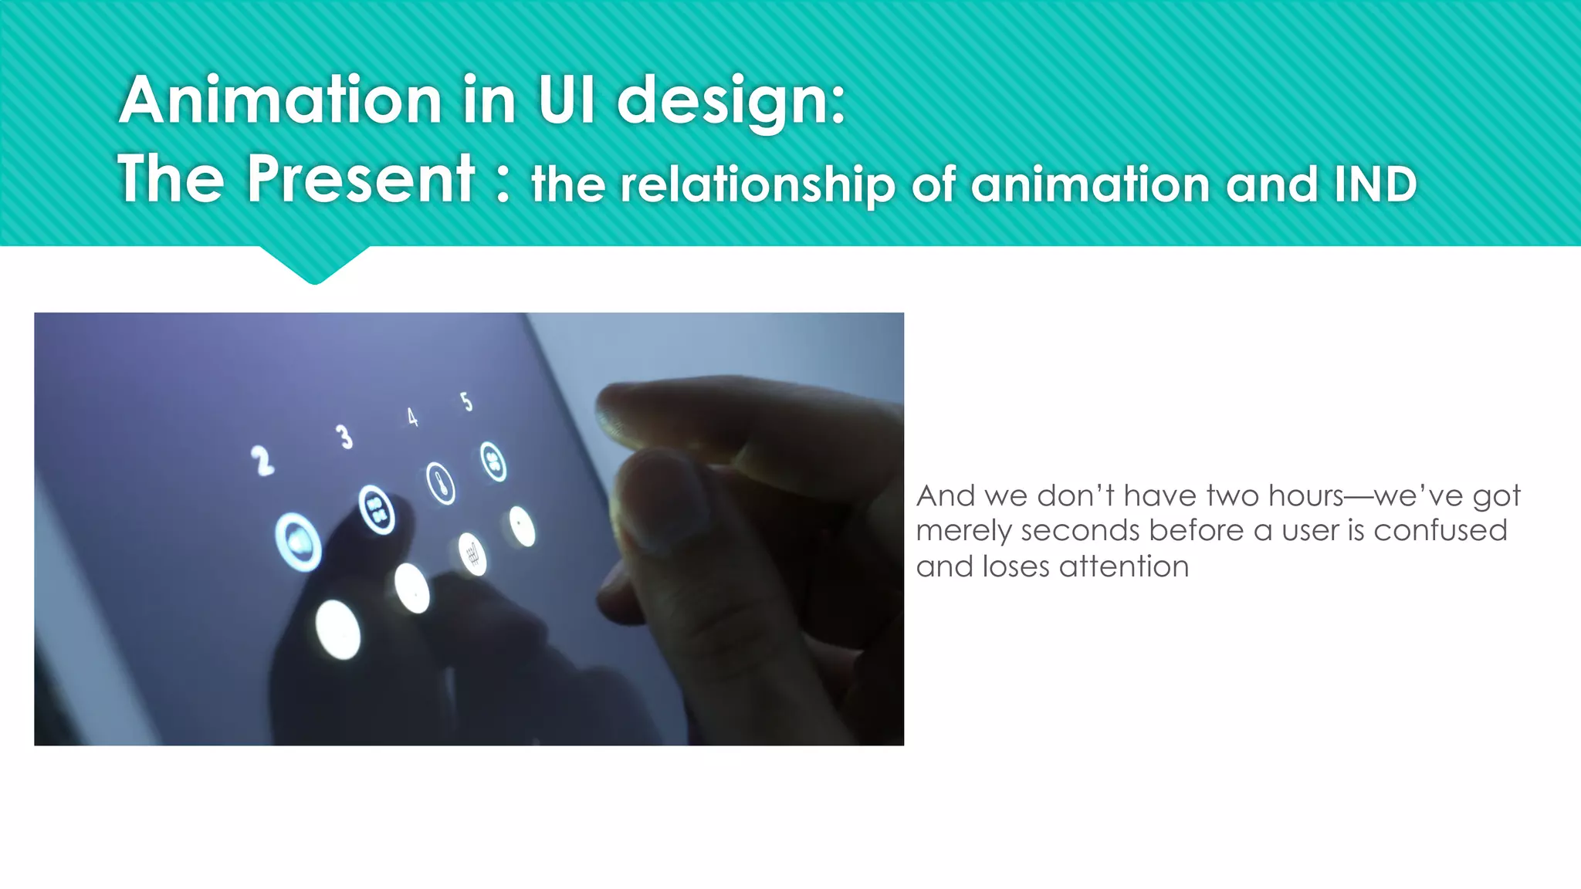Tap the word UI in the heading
point(567,100)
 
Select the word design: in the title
point(730,102)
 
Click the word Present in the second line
point(361,179)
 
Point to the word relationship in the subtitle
point(757,185)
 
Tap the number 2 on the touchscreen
point(262,461)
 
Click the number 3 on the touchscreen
point(344,437)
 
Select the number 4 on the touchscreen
point(412,417)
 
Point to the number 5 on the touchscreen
point(465,401)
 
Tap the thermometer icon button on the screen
point(441,485)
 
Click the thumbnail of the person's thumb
point(664,502)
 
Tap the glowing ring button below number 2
point(299,542)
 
